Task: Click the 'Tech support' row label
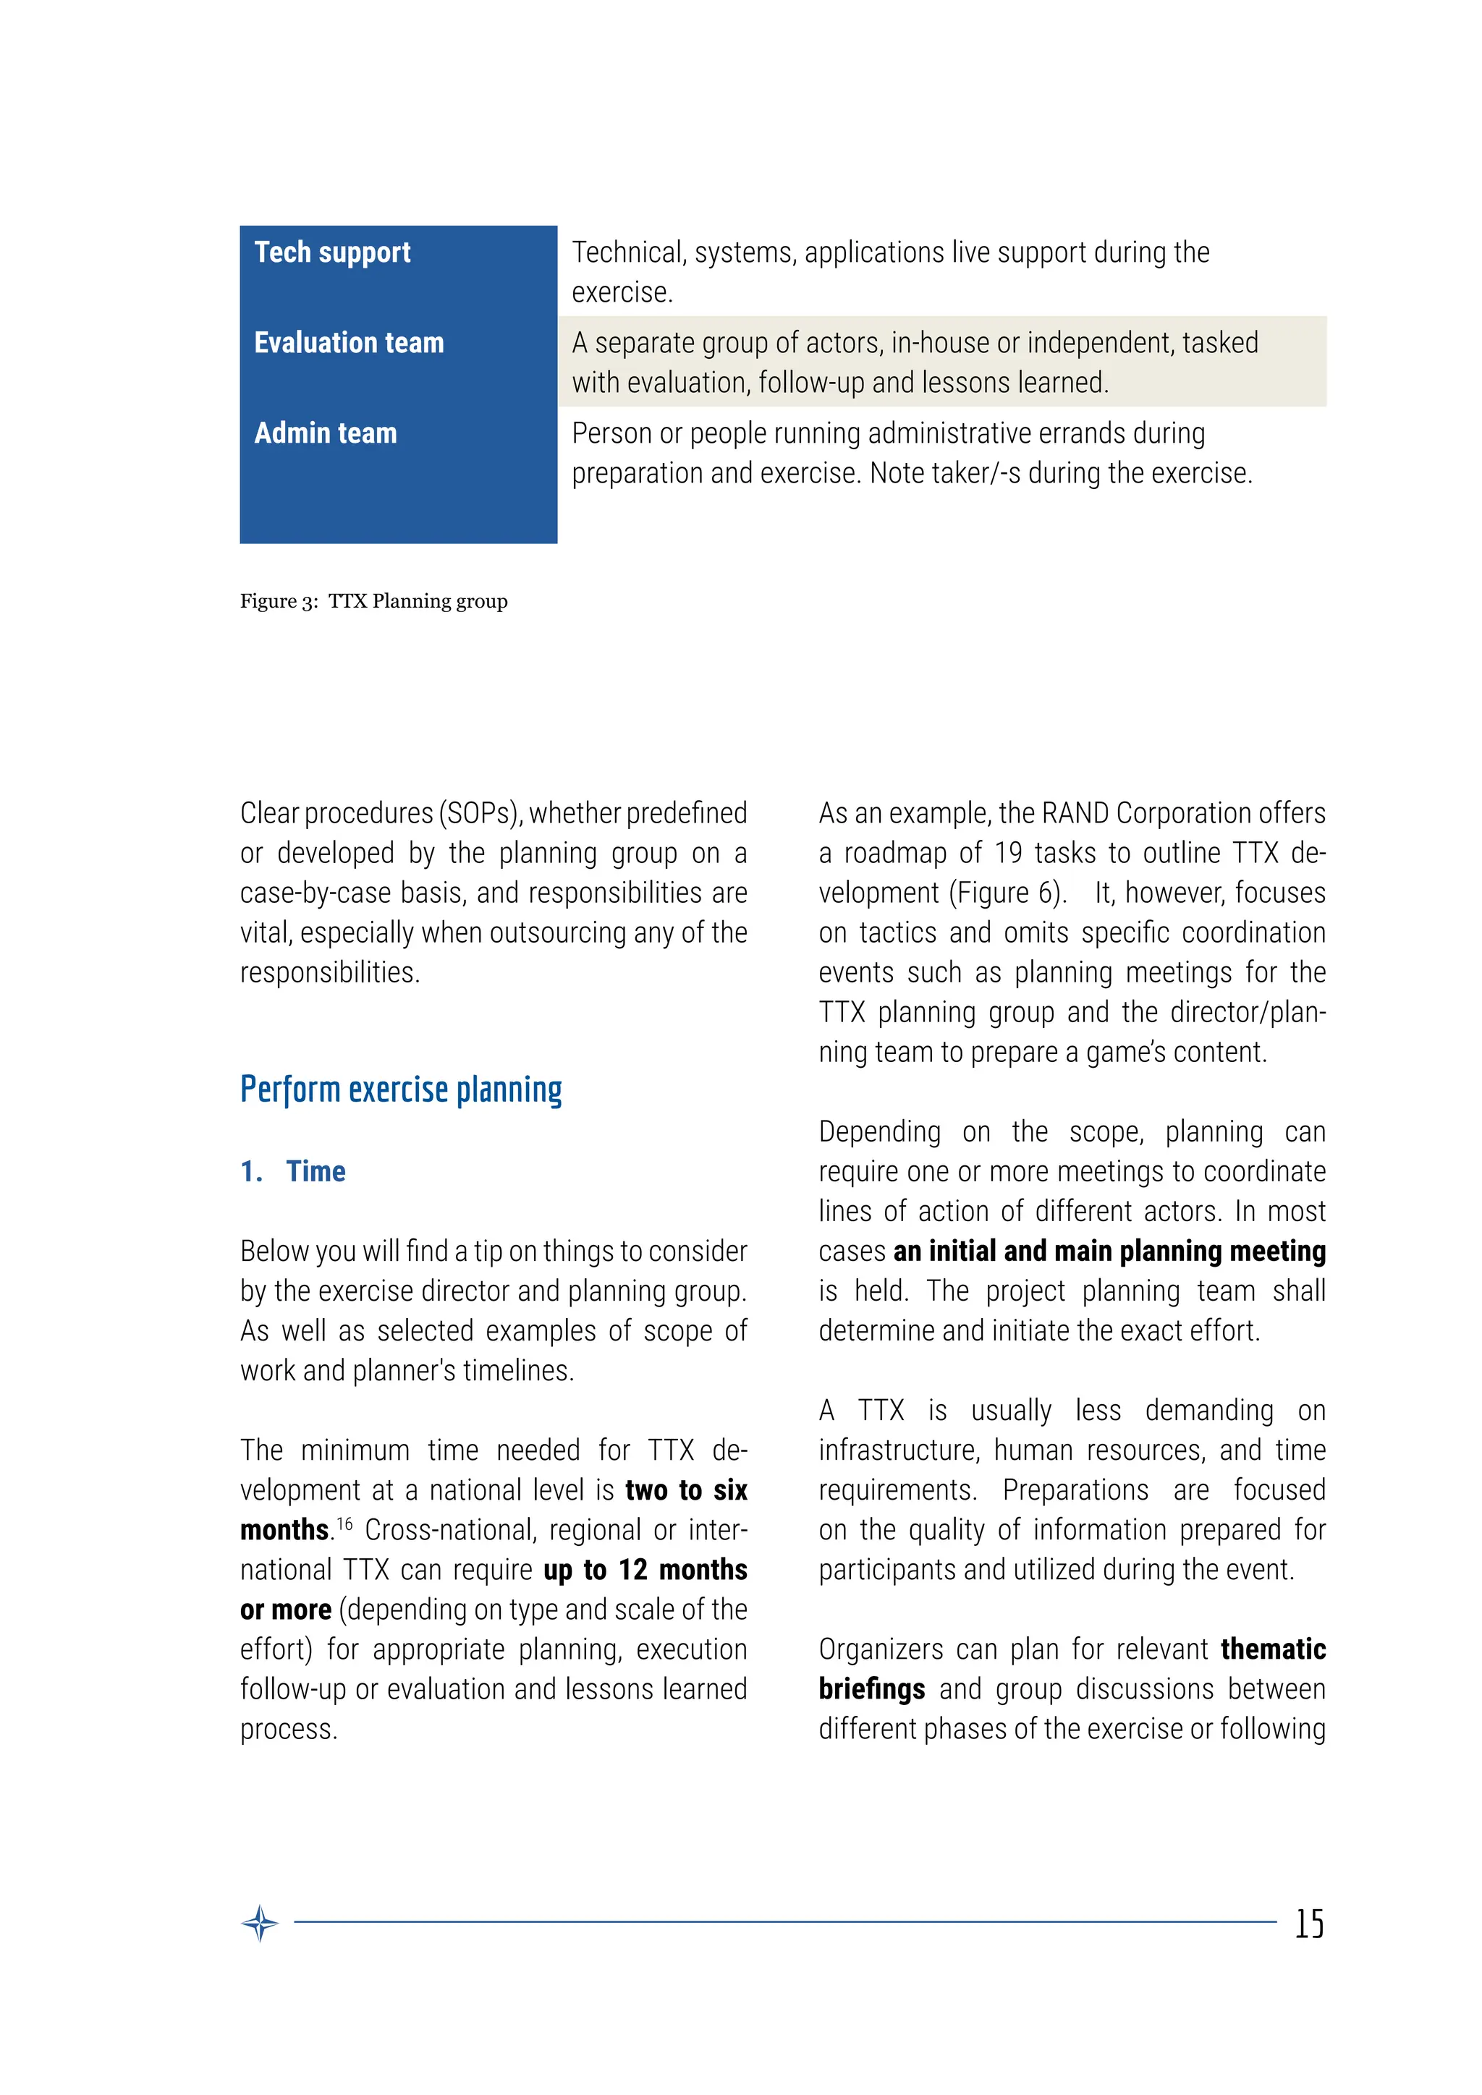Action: click(332, 252)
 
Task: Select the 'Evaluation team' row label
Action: click(349, 342)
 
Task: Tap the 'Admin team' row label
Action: click(325, 433)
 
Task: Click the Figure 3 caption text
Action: click(373, 600)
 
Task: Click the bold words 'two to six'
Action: click(685, 1490)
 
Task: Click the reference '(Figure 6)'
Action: click(1007, 893)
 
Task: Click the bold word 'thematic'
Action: click(1273, 1649)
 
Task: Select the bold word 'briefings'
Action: click(871, 1689)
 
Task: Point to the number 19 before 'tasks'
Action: click(1007, 853)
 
